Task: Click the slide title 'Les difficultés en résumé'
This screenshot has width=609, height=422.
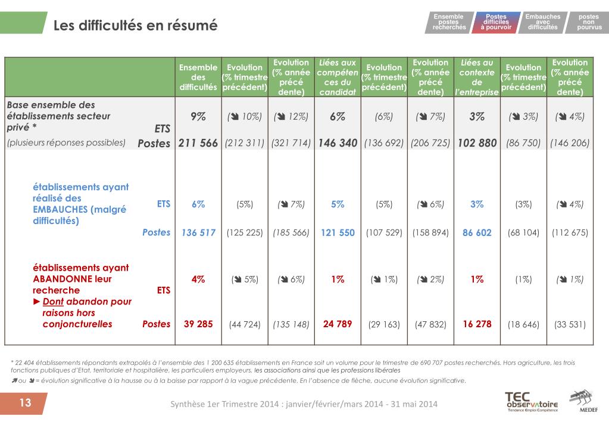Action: point(135,25)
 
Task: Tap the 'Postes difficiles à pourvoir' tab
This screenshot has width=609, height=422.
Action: point(495,22)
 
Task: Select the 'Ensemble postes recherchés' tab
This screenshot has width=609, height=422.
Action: point(449,22)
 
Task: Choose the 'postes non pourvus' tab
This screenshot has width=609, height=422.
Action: point(588,22)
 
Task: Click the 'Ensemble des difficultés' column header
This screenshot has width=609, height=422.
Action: point(198,77)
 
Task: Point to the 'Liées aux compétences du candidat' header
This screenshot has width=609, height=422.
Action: point(338,77)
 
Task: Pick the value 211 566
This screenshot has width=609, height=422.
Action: point(198,143)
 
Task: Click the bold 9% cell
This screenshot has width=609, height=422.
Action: point(198,116)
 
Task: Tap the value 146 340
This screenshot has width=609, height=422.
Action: point(338,143)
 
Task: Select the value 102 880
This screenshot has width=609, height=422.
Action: point(477,143)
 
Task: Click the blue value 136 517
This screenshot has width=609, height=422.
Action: point(198,232)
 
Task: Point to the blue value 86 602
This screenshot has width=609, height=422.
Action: point(477,232)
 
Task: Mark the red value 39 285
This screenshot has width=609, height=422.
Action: point(198,324)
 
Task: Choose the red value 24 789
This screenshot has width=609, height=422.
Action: point(338,324)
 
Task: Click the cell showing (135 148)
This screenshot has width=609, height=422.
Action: point(291,324)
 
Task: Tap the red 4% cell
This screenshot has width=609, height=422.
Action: point(198,280)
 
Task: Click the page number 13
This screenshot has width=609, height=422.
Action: point(25,402)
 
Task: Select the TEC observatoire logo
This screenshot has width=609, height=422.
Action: point(532,402)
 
